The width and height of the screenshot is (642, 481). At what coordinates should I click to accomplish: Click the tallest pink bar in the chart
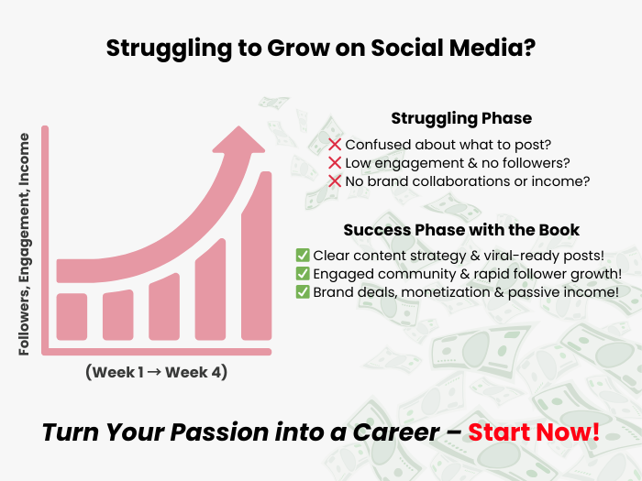[x=256, y=256]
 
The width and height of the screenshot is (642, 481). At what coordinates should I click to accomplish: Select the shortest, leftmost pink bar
[x=72, y=317]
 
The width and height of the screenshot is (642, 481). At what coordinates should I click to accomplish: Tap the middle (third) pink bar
[x=164, y=307]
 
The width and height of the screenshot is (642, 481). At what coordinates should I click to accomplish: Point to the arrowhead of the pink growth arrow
[x=238, y=140]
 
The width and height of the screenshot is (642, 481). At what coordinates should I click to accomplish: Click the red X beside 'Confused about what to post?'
[x=335, y=145]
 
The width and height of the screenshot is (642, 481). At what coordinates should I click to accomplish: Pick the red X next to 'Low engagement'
[x=335, y=163]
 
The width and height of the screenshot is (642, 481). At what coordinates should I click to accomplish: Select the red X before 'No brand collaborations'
[x=335, y=181]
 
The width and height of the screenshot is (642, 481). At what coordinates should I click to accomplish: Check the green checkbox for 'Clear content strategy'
[x=303, y=256]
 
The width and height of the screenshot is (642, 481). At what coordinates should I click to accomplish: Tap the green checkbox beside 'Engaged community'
[x=303, y=274]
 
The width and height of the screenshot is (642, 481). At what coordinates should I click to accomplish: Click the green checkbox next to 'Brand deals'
[x=303, y=292]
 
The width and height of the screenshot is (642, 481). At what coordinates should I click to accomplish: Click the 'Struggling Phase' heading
[x=461, y=118]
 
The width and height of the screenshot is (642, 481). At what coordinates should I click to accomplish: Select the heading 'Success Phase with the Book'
[x=461, y=230]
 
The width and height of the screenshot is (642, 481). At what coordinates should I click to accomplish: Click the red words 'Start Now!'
[x=534, y=432]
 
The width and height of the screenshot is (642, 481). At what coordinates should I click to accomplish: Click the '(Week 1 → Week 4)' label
[x=157, y=372]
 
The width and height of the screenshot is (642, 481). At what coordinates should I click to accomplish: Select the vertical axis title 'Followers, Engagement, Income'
[x=24, y=245]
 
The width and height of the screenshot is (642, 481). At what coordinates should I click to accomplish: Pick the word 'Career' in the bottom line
[x=396, y=432]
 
